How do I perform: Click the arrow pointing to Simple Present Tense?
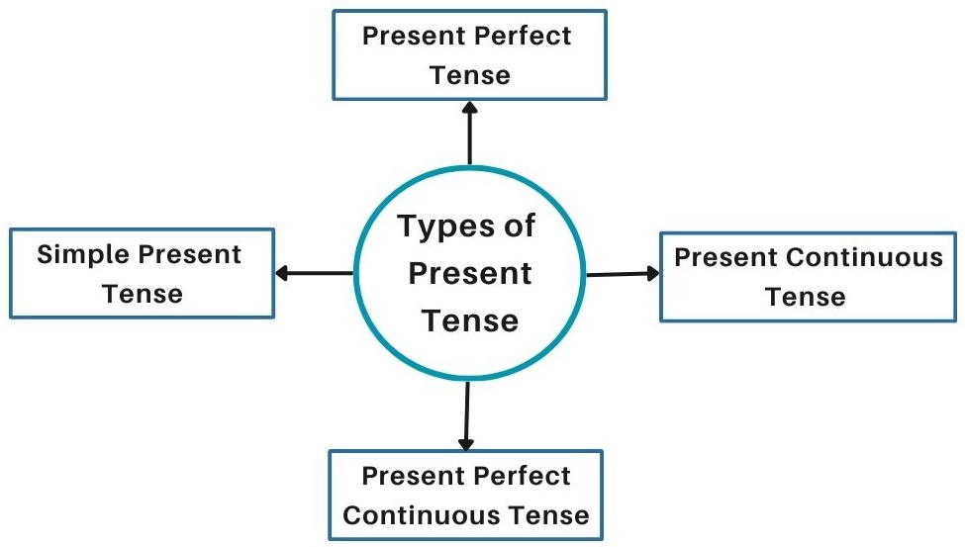click(x=313, y=273)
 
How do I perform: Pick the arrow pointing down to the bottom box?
click(x=466, y=415)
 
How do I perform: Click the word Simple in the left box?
click(x=83, y=255)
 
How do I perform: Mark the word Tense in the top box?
click(x=469, y=75)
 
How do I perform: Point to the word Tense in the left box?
click(x=143, y=294)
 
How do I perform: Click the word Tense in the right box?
click(x=806, y=297)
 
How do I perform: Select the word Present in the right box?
click(x=726, y=258)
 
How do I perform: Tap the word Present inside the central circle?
click(x=469, y=273)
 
